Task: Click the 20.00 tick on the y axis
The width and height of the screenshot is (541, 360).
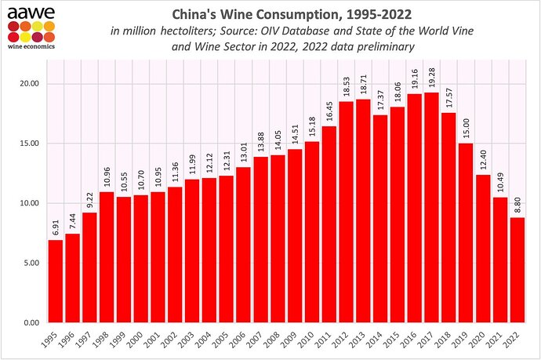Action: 29,84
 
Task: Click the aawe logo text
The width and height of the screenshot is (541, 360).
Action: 26,9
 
